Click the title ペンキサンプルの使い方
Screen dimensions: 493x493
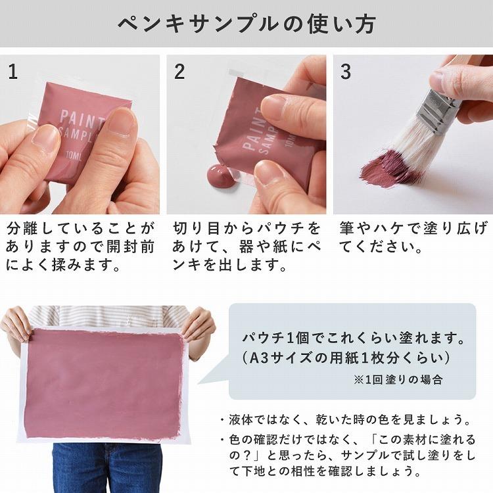[246, 24]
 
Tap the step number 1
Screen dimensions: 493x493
[13, 72]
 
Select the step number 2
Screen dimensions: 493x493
[179, 72]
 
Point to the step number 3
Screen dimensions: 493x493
[346, 72]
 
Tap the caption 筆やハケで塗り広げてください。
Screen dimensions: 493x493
[413, 238]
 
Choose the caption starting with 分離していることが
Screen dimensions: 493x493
[80, 247]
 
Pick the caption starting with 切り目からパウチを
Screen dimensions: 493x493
[246, 247]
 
